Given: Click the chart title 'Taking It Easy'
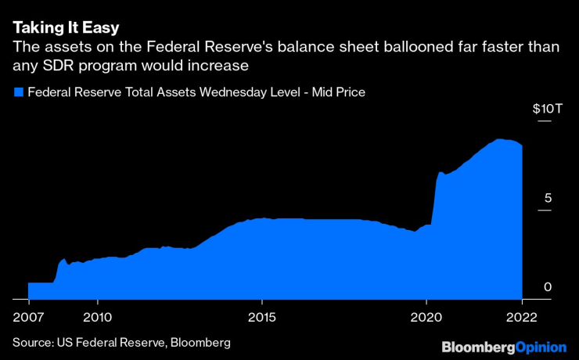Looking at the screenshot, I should click(x=66, y=28).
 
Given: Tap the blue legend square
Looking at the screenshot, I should click(x=18, y=92).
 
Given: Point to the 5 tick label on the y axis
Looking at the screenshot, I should click(x=548, y=198).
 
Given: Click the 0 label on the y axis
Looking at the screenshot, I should click(x=548, y=287).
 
